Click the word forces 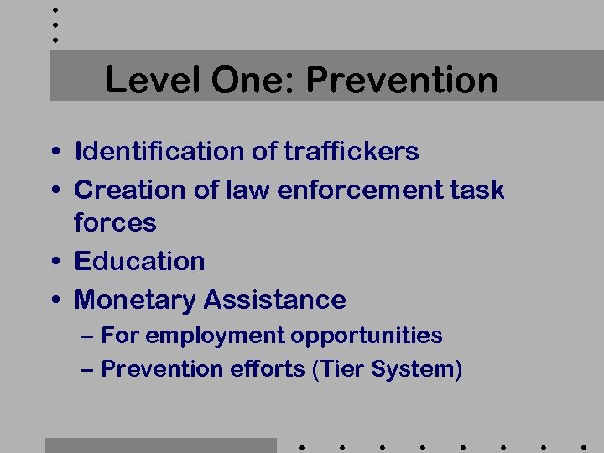click(115, 223)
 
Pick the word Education click(139, 261)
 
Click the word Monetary click(136, 299)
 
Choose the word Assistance click(275, 299)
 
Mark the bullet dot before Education click(54, 263)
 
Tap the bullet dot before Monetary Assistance click(54, 301)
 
